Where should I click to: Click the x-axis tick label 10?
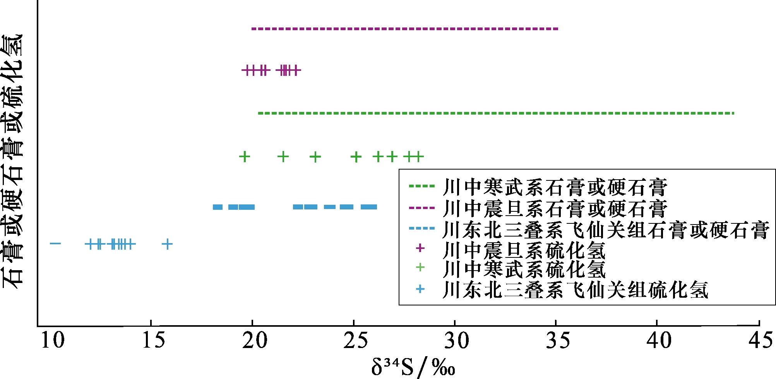click(53, 340)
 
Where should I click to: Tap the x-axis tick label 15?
click(154, 340)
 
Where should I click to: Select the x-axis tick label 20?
click(255, 340)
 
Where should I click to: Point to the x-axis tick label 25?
click(356, 340)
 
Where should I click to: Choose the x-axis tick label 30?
click(457, 340)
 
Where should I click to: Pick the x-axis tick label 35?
click(558, 340)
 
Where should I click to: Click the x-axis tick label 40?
click(659, 340)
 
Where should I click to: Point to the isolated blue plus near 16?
click(167, 244)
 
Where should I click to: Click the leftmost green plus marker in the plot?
click(244, 157)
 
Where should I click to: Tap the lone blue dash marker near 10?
click(55, 244)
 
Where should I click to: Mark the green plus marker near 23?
click(315, 157)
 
